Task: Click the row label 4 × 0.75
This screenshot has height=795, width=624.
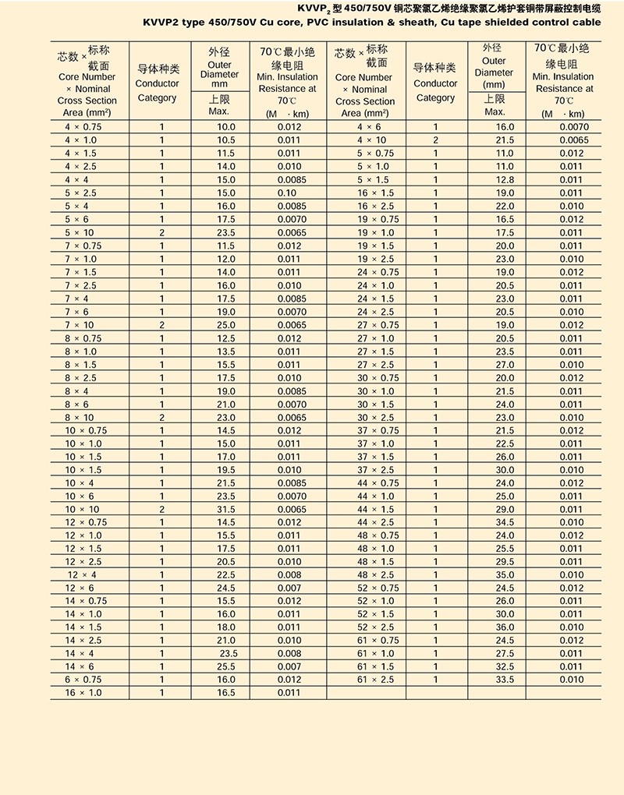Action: [83, 126]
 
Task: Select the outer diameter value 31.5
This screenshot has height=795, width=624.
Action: [226, 509]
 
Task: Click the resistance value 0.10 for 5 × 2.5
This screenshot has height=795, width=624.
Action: [288, 193]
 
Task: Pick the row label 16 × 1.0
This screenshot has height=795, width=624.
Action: [83, 693]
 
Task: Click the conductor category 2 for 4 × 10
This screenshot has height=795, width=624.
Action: [436, 140]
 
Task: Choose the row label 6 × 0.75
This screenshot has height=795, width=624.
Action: [83, 680]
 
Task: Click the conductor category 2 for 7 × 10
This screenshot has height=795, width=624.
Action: [162, 324]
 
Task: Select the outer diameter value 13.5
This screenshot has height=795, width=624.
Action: [226, 351]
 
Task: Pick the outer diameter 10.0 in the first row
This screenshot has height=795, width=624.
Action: [226, 126]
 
